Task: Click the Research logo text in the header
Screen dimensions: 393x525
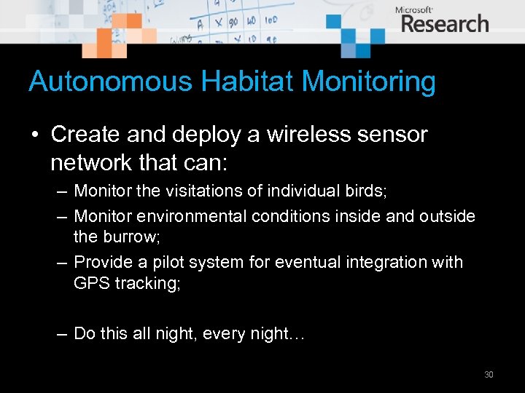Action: (x=445, y=24)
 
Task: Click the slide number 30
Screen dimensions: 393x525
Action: (x=489, y=375)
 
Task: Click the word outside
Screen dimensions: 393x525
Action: (x=446, y=217)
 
